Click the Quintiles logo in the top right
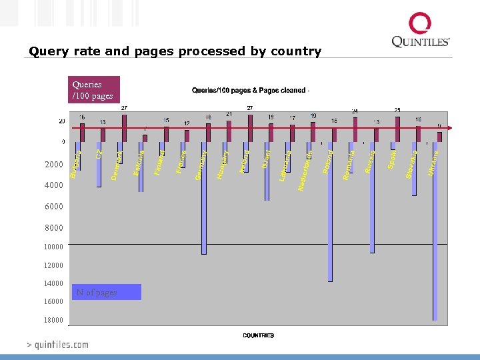click(x=420, y=31)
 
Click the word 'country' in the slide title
click(x=295, y=51)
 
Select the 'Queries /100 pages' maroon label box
click(x=95, y=90)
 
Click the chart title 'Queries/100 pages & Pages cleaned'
click(x=250, y=90)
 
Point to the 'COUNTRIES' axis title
click(x=258, y=335)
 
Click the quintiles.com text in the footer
click(x=57, y=345)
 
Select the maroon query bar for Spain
click(x=397, y=129)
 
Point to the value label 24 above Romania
click(x=355, y=111)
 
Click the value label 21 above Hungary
click(x=229, y=114)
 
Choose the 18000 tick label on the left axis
click(x=54, y=320)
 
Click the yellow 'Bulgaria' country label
click(x=75, y=165)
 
